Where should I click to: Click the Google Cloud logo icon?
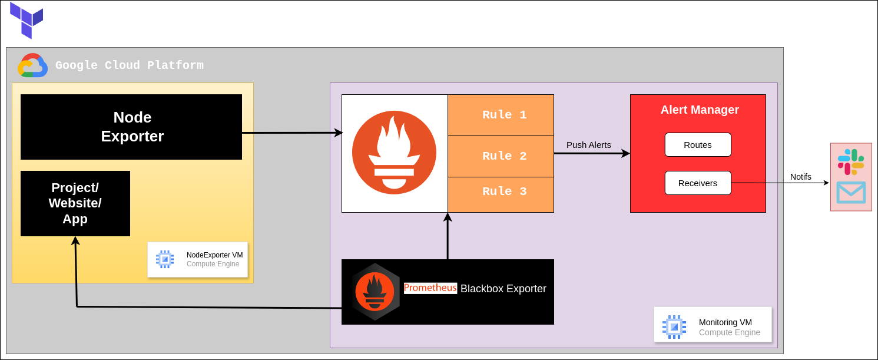tap(32, 65)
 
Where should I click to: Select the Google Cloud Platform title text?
tap(130, 65)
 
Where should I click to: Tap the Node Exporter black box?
tap(131, 127)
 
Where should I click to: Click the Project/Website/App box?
tap(75, 203)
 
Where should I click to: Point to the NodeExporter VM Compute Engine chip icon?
tap(165, 259)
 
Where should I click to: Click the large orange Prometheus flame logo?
tap(394, 153)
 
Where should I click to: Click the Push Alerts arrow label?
tap(588, 145)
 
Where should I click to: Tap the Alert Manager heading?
tap(699, 110)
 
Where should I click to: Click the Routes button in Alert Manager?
tap(698, 144)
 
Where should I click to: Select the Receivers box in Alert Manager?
tap(698, 183)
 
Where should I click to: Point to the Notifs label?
tap(800, 177)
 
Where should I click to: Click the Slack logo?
tap(851, 161)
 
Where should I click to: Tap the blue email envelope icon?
tap(851, 192)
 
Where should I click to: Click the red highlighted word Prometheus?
tap(430, 288)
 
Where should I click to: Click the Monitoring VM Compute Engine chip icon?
tap(674, 326)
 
